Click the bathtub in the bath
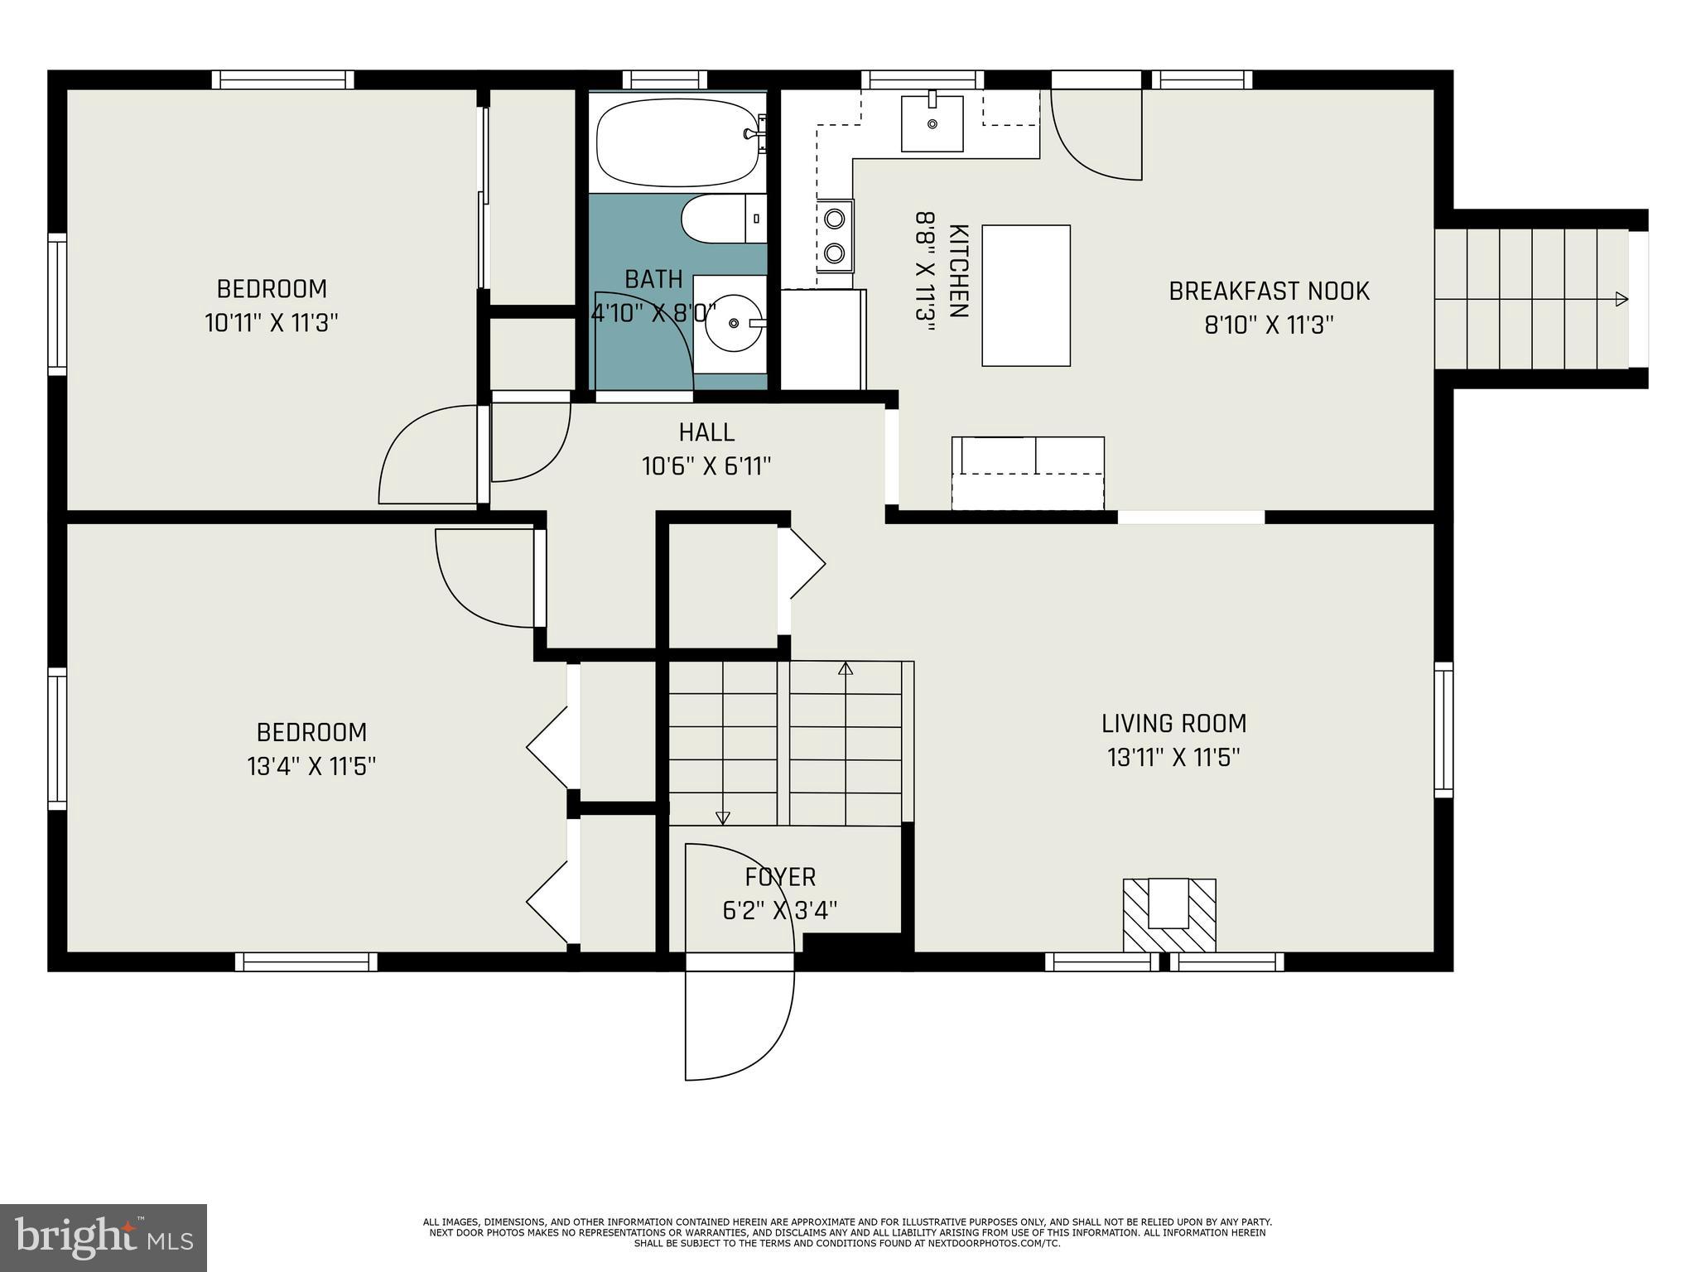(677, 142)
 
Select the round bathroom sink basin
(734, 324)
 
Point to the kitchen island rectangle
(1026, 296)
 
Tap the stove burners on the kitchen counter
(835, 235)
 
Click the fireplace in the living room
(1168, 914)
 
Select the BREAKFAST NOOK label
(1269, 291)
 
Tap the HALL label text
(706, 432)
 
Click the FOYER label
(780, 877)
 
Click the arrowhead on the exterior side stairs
(1621, 300)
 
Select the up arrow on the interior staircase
(846, 668)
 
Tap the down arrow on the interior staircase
(722, 818)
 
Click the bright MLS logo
(104, 1237)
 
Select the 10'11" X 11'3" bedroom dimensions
(272, 323)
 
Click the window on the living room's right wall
(1443, 730)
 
